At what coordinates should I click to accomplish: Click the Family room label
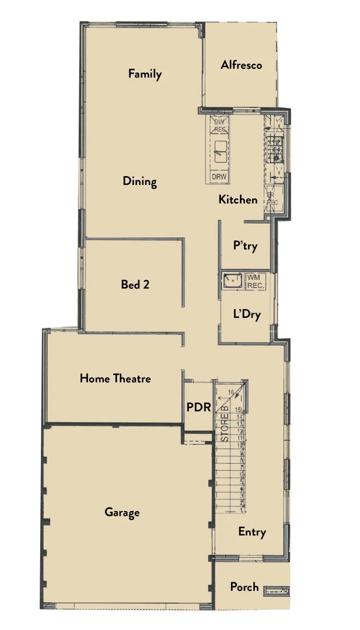145,74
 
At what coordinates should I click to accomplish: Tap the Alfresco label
241,65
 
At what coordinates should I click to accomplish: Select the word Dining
139,181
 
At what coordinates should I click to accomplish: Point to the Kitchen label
237,199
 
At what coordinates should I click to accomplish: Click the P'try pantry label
245,246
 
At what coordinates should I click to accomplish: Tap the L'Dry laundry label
246,314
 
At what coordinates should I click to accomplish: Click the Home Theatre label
115,379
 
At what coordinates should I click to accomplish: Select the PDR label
198,407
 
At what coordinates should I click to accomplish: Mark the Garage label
122,513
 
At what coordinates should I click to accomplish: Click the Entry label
252,532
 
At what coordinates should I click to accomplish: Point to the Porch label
244,587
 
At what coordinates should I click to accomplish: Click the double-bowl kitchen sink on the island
219,154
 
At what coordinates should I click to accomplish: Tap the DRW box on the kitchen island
219,177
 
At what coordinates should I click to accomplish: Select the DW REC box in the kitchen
219,125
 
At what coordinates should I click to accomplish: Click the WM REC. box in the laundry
256,281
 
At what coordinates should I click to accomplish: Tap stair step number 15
238,410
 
